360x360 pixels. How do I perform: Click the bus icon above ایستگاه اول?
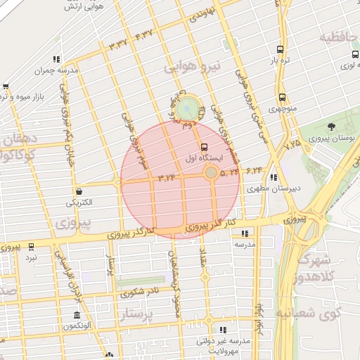tap(204, 147)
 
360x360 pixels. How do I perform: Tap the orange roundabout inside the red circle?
tap(211, 172)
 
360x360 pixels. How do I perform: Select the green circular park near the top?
tap(187, 109)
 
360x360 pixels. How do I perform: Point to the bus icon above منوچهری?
tap(282, 98)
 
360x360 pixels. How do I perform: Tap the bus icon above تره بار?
tap(281, 50)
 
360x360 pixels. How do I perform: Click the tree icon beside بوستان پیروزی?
tap(331, 127)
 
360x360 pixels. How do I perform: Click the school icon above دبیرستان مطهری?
tap(273, 178)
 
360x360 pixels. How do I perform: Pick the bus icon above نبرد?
tap(31, 247)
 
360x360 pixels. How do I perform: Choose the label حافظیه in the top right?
tap(340, 37)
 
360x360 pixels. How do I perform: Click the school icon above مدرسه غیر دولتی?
tap(224, 330)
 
